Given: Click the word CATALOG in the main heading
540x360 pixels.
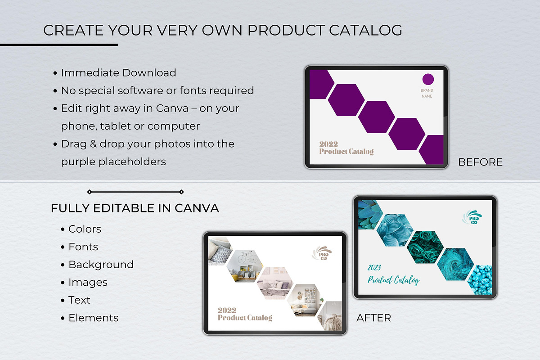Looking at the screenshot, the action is pyautogui.click(x=365, y=30).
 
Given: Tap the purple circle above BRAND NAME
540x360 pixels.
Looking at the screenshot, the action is pyautogui.click(x=428, y=79).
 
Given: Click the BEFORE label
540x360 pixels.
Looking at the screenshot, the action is pyautogui.click(x=480, y=162).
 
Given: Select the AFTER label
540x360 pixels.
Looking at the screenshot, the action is pyautogui.click(x=373, y=318).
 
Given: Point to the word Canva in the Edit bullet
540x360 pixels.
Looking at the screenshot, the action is pyautogui.click(x=172, y=108).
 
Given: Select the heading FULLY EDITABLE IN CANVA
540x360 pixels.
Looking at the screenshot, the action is pyautogui.click(x=135, y=208).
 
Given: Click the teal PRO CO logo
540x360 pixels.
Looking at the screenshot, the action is pyautogui.click(x=472, y=217).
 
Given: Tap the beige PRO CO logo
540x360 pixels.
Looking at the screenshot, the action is pyautogui.click(x=322, y=253).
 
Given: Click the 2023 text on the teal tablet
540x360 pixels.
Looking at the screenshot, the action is pyautogui.click(x=374, y=268).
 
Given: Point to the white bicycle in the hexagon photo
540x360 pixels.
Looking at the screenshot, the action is pyautogui.click(x=247, y=257).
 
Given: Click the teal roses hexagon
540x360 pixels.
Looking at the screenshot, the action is pyautogui.click(x=425, y=247).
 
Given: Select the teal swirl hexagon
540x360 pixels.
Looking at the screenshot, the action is pyautogui.click(x=455, y=264).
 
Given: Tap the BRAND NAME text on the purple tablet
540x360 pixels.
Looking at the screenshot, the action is pyautogui.click(x=427, y=93).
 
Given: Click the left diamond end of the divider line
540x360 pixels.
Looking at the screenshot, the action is pyautogui.click(x=90, y=192).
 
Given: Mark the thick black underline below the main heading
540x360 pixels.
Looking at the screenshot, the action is pyautogui.click(x=59, y=45).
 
